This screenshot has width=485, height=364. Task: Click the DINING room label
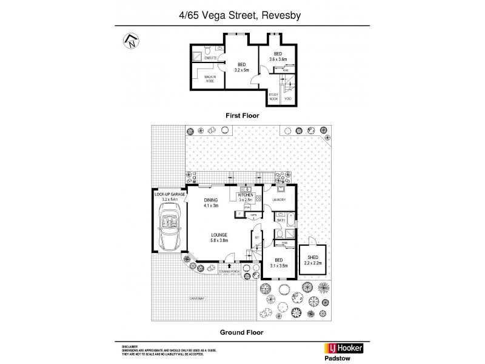tap(210, 200)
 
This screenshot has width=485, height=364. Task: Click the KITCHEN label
tap(245, 194)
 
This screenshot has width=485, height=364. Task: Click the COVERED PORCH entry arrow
tap(229, 265)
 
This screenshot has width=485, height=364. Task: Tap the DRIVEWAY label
tap(197, 299)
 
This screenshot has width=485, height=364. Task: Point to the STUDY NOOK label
tap(274, 97)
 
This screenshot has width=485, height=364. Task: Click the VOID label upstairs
tap(289, 98)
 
